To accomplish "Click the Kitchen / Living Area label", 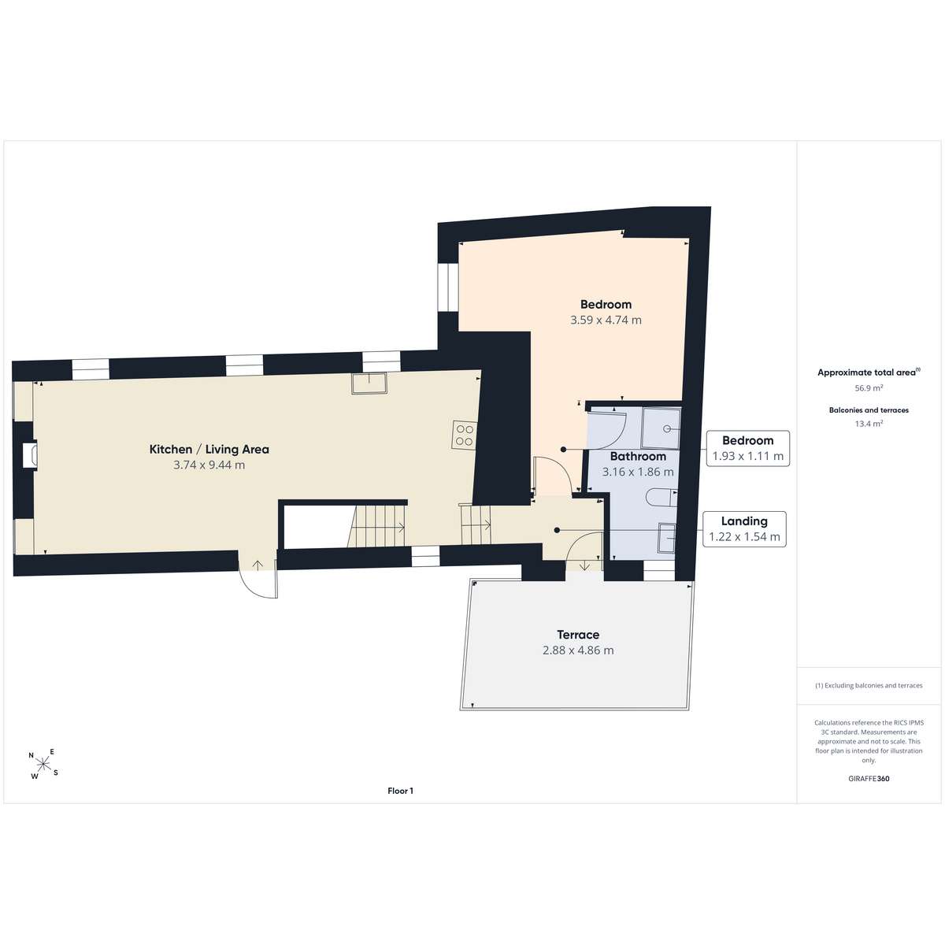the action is pos(209,449).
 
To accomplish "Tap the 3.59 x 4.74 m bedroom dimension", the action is pos(606,321).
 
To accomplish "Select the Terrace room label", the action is pos(578,635).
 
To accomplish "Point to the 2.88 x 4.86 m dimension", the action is pos(578,650).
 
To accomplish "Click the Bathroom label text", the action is pos(638,456).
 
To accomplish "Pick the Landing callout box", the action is pos(744,529).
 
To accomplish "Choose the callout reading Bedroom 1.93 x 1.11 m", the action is pos(748,448).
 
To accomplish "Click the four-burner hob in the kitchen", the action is pos(464,435).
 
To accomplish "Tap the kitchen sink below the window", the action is pos(369,383).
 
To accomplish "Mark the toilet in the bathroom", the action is pos(661,498).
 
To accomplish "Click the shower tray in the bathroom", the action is pos(661,428).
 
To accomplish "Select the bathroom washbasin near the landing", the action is pos(667,538).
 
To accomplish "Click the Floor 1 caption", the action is pos(400,791).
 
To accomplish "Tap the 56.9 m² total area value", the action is pos(869,388).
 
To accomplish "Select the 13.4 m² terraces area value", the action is pos(869,424).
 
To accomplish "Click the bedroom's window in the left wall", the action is pos(448,287).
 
